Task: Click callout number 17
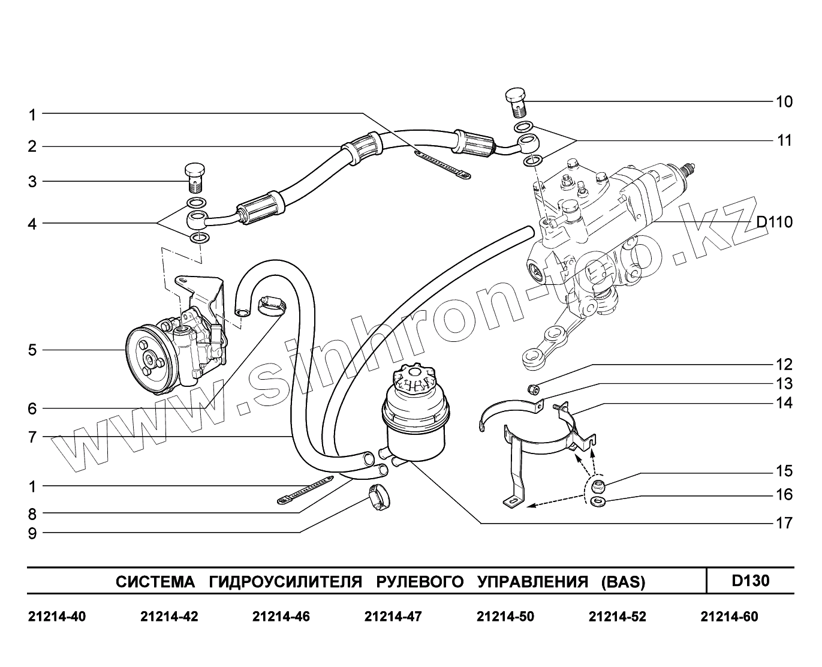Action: (784, 523)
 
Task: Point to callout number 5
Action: (32, 350)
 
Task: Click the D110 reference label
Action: (774, 223)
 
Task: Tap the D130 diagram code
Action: (750, 581)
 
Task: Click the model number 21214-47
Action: (393, 617)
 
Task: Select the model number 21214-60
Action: (729, 617)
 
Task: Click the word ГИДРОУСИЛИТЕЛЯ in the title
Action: (286, 582)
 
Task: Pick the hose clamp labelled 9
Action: (378, 498)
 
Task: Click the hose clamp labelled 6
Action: (271, 305)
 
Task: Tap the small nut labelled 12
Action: (532, 390)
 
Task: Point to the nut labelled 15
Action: (598, 485)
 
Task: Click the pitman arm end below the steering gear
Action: (532, 359)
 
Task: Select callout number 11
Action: (784, 140)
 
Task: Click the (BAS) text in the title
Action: (623, 582)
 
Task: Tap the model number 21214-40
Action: (57, 617)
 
